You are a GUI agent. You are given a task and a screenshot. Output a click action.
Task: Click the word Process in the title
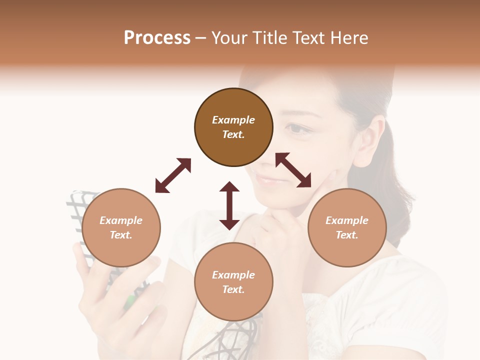[x=157, y=38]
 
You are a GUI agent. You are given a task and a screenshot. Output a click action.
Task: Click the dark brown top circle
[x=233, y=127]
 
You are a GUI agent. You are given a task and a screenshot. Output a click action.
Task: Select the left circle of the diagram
[x=121, y=227]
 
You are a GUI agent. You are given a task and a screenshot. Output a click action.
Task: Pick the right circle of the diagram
[x=347, y=227]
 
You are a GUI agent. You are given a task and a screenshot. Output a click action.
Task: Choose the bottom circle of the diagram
[x=233, y=282]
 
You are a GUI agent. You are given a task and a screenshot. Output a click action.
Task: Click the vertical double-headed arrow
[x=229, y=205]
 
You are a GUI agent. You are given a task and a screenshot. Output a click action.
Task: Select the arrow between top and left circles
[x=173, y=175]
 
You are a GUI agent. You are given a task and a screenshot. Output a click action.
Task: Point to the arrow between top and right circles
[x=293, y=170]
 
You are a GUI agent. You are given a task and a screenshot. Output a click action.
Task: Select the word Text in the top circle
[x=233, y=134]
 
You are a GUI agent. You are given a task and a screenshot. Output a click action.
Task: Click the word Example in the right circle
[x=347, y=220]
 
